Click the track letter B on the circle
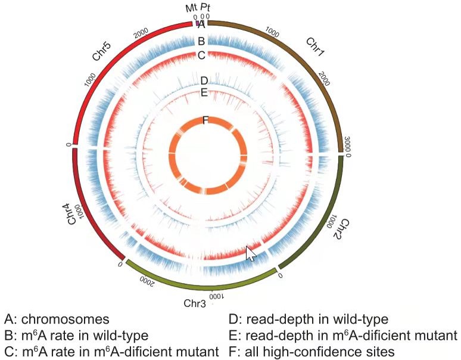[x=201, y=41]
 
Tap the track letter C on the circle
[x=201, y=55]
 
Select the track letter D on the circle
[x=204, y=80]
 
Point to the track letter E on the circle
[x=204, y=92]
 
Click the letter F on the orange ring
[x=205, y=120]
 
